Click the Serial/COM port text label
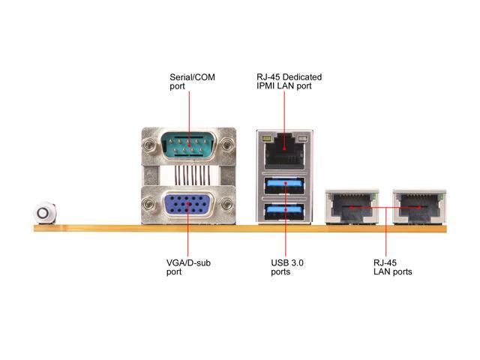tap(188, 82)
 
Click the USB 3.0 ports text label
tap(287, 267)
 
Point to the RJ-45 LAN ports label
tap(392, 267)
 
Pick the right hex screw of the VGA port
tap(228, 206)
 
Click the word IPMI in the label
tap(267, 87)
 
